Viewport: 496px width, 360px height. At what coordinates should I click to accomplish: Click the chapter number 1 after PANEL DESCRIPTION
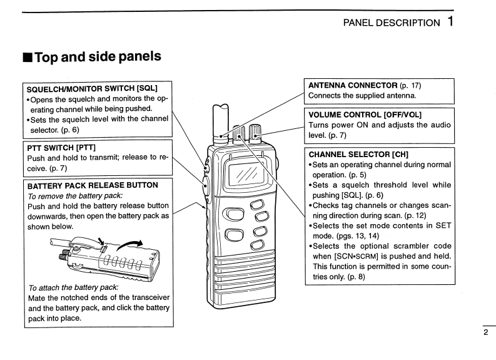(x=450, y=21)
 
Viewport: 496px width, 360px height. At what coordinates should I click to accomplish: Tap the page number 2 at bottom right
(x=486, y=332)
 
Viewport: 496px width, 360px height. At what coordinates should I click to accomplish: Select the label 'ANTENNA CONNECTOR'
(x=353, y=85)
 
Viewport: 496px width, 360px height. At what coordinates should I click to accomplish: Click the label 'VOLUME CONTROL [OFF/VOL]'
(x=365, y=115)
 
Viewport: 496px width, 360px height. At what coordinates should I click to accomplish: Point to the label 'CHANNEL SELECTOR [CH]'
(x=356, y=153)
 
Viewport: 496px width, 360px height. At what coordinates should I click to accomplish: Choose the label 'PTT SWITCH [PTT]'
(x=61, y=147)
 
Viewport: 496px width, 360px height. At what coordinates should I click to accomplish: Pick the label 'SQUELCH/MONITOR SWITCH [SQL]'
(x=92, y=88)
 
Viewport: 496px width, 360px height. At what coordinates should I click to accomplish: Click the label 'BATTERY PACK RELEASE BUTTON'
(x=93, y=185)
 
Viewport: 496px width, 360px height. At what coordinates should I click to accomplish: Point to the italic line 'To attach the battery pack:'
(x=73, y=287)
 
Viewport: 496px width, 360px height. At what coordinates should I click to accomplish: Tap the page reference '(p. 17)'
(x=410, y=85)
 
